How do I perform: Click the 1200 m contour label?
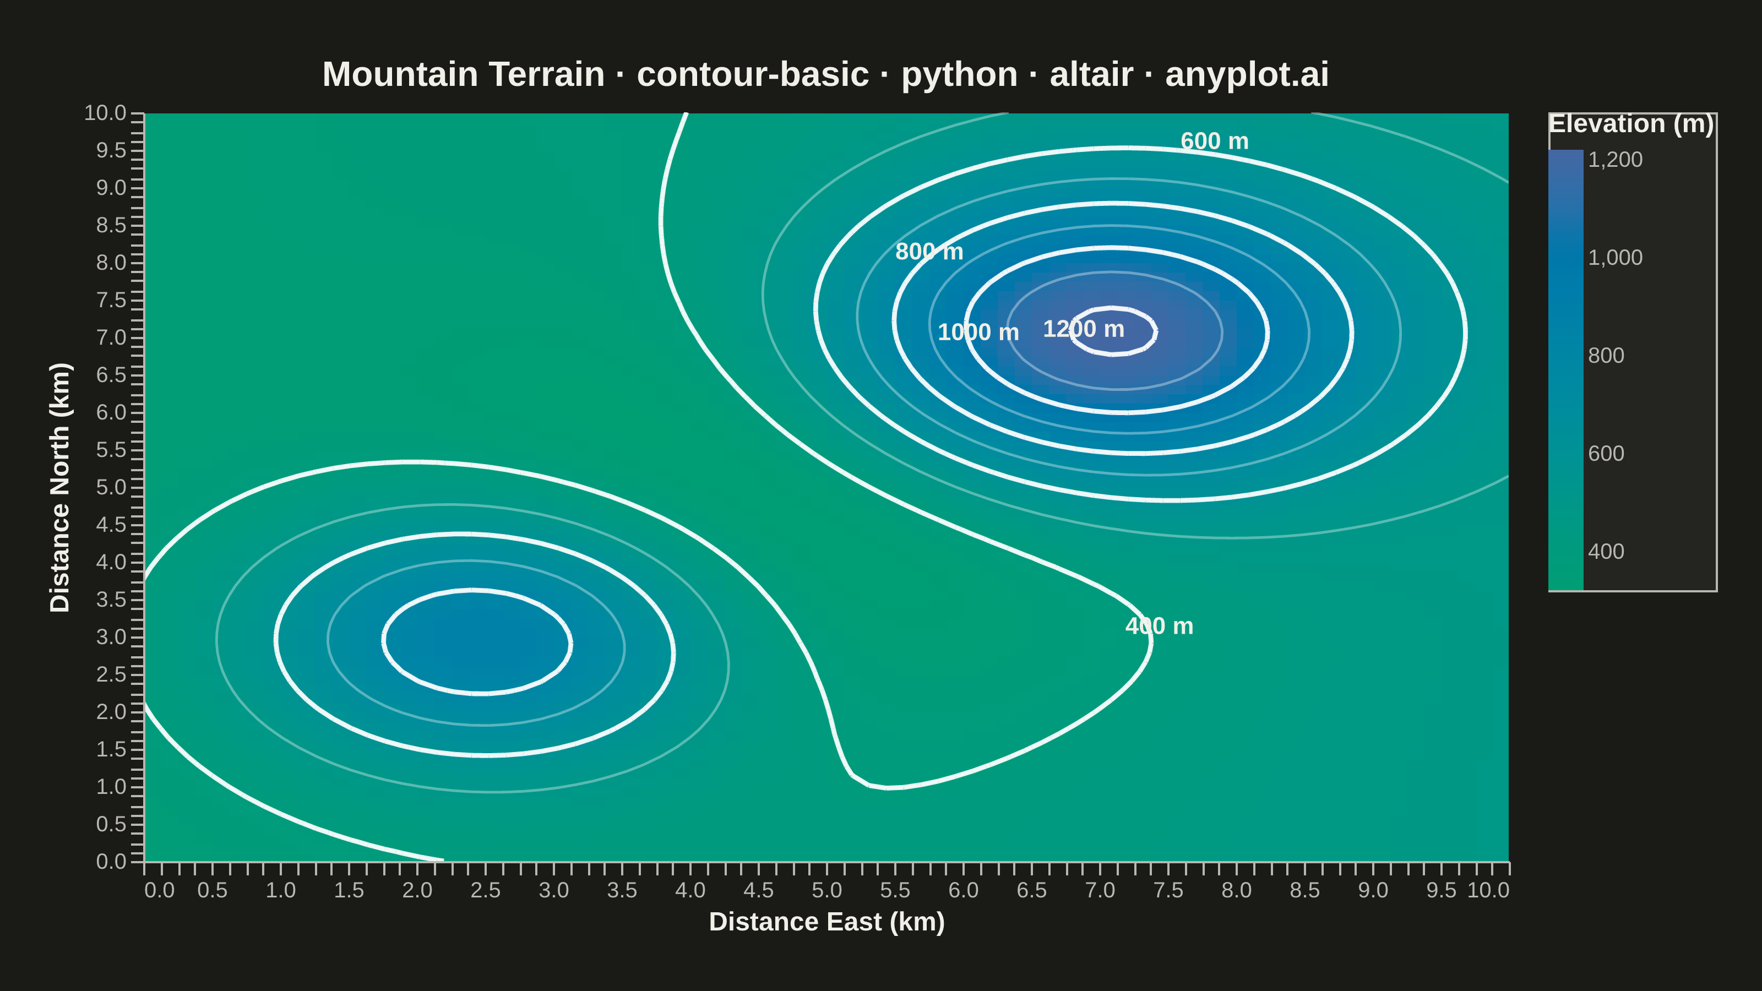coord(1084,329)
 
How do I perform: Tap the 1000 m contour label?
coord(978,333)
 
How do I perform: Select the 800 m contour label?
coord(929,252)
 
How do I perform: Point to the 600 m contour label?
coord(1214,141)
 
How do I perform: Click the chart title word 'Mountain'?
coord(464,74)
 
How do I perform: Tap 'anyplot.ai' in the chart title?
coord(1247,74)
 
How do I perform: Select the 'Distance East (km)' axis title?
coord(827,922)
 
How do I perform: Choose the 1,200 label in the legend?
coord(1615,159)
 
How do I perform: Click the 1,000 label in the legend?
coord(1615,258)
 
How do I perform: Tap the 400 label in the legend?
coord(1606,552)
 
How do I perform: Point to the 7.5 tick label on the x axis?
coord(1168,890)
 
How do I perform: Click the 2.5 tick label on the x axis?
coord(486,890)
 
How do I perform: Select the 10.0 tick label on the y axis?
coord(105,113)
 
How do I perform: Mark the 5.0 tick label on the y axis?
coord(111,487)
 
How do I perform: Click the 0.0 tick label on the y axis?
coord(111,861)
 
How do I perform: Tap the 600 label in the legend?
coord(1606,454)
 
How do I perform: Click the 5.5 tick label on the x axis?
coord(895,890)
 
